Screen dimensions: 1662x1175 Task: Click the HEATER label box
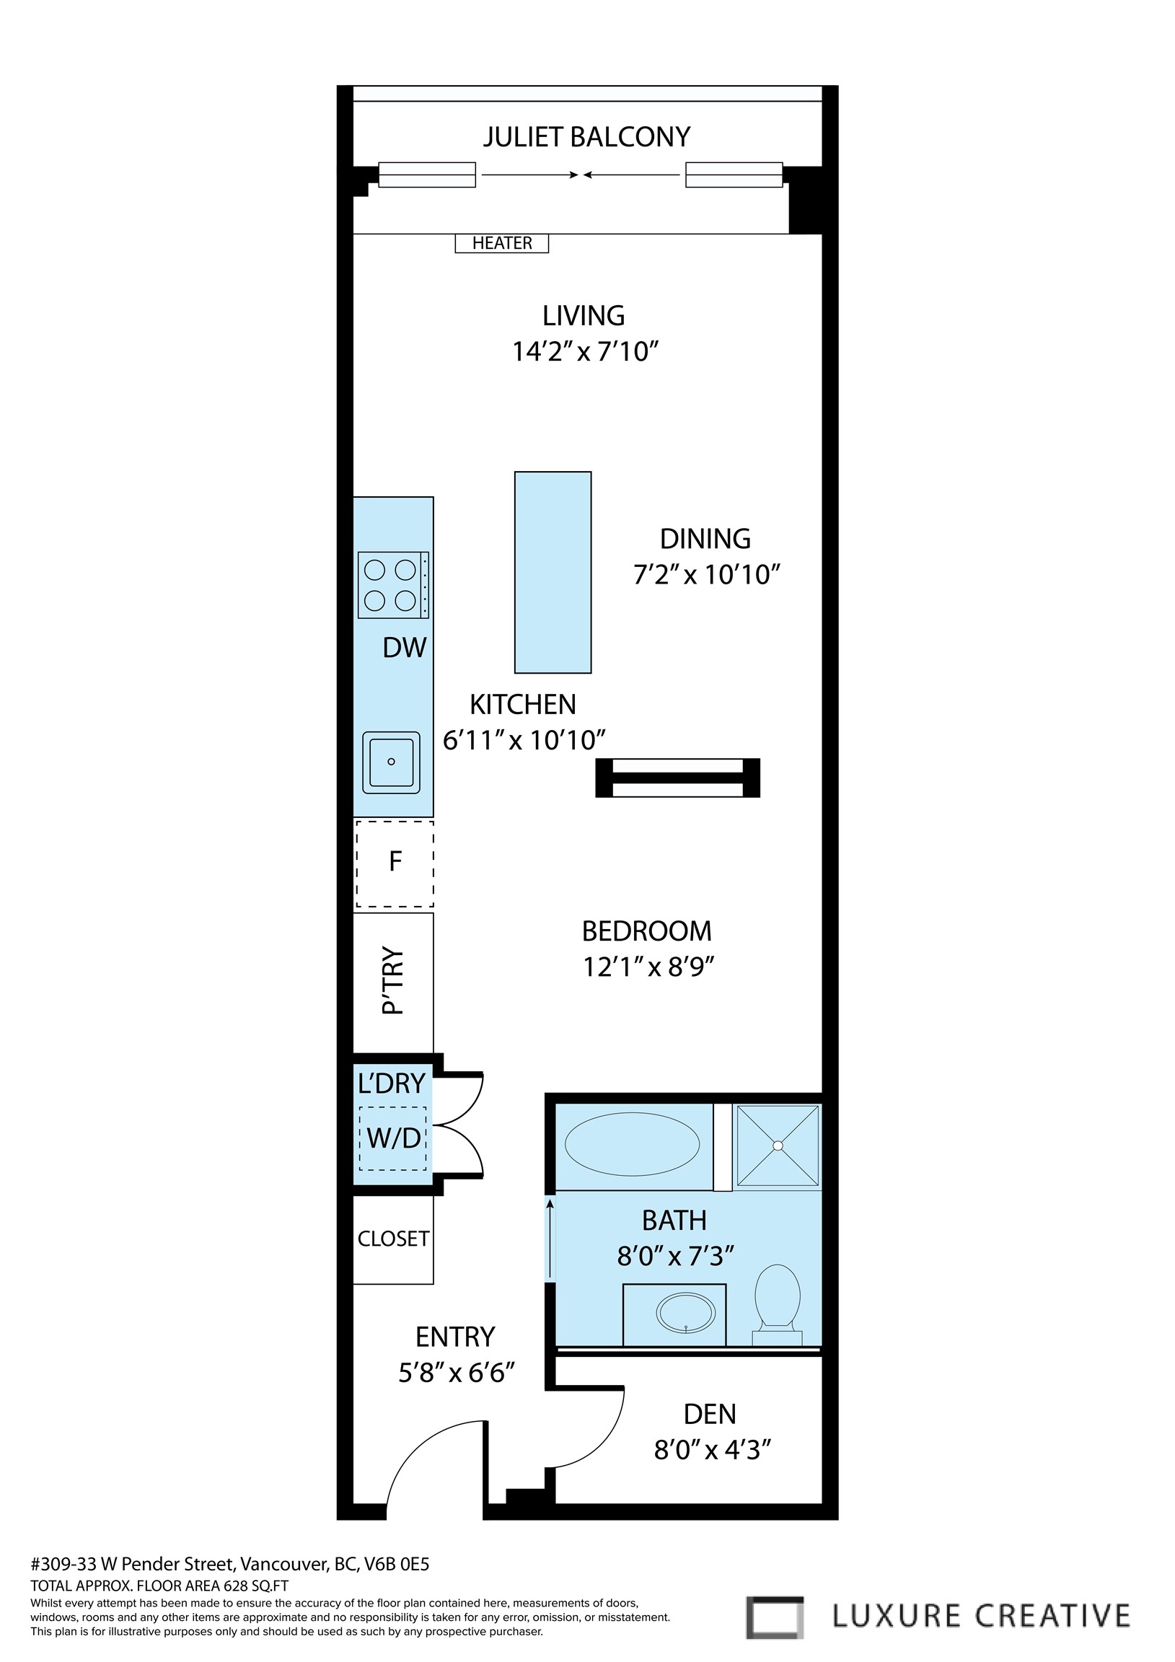[x=502, y=243]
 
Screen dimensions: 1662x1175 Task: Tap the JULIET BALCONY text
[x=586, y=137]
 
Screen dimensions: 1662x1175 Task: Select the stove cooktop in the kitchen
[x=393, y=585]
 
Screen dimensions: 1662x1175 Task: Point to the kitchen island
[x=553, y=573]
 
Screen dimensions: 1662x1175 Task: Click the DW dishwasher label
[x=404, y=648]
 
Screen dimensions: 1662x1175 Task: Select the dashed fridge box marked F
[x=395, y=863]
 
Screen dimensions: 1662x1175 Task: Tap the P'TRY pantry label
[x=392, y=982]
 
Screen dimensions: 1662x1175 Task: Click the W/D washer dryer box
[x=393, y=1138]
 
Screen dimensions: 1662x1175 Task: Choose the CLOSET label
[x=393, y=1239]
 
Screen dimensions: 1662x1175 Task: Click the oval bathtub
[x=632, y=1144]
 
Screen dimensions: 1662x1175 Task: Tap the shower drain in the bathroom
[x=778, y=1146]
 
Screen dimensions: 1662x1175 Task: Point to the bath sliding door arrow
[x=550, y=1239]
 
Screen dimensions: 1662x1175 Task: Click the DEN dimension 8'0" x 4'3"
[x=713, y=1450]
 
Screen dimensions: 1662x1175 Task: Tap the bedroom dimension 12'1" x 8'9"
[x=648, y=967]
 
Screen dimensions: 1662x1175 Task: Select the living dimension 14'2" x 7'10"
[x=585, y=352]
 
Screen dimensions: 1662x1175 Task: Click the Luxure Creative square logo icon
[x=775, y=1617]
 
